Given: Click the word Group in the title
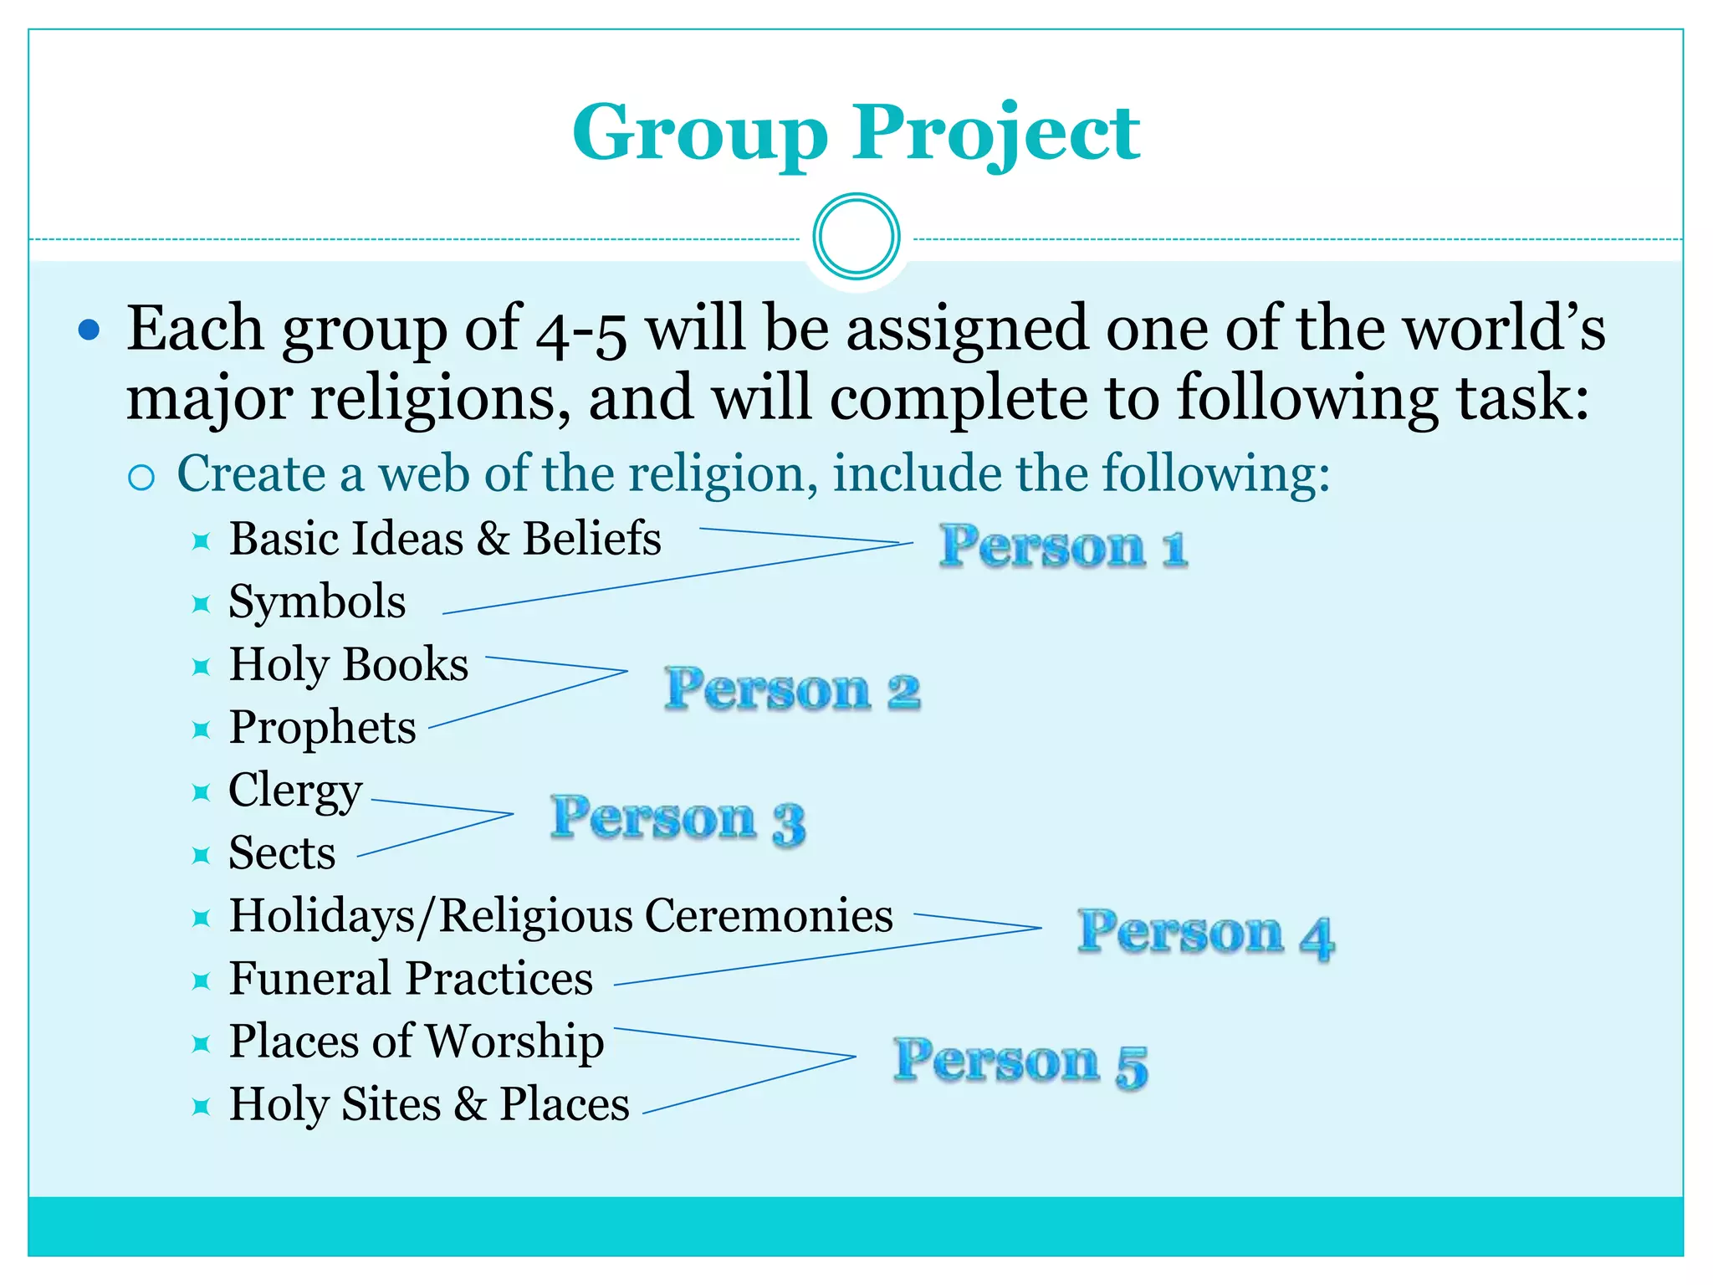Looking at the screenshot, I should coord(700,134).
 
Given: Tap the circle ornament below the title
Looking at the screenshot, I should coord(856,237).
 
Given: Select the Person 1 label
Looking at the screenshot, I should coord(1063,547).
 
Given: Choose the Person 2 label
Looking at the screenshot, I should coord(792,690).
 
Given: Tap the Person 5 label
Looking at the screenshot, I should coord(1020,1062).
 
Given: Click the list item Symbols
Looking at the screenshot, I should coord(317,602).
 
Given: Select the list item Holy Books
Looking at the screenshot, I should coord(349,665).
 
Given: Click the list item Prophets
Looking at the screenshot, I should coord(322,728).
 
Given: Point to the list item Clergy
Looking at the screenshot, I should coord(295,791).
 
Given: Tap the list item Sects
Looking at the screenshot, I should coord(282,853).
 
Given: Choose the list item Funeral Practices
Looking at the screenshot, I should coord(411,979).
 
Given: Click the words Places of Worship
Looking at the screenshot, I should coord(417,1042).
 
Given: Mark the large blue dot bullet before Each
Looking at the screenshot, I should coord(89,330).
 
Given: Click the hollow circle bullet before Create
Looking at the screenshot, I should coord(141,478).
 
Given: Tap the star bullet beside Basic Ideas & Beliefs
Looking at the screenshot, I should coord(201,540).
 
